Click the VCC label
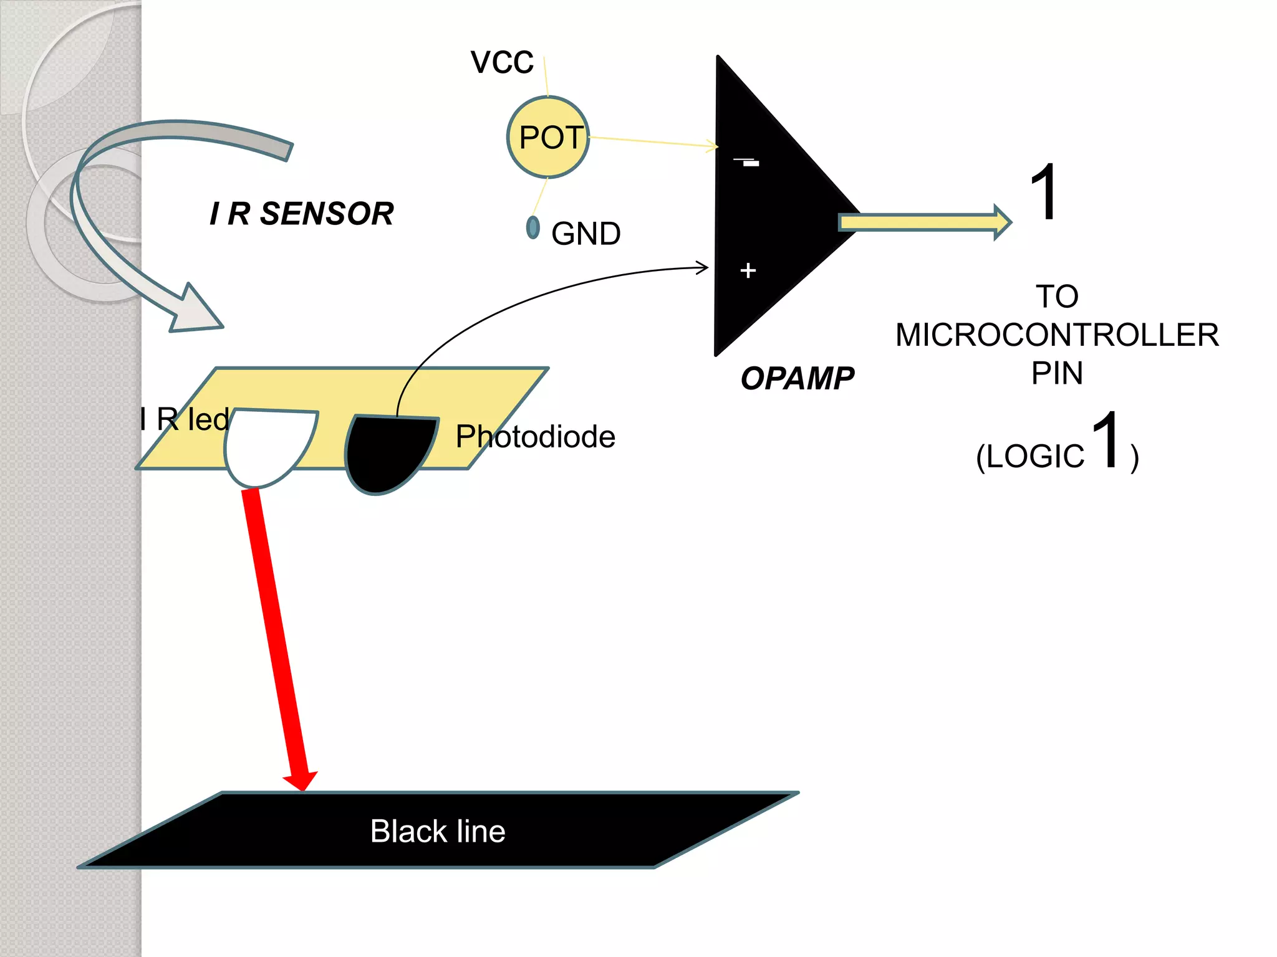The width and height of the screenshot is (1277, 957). pyautogui.click(x=502, y=62)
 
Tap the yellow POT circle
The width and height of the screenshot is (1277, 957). pyautogui.click(x=548, y=137)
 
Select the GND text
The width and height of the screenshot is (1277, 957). pyautogui.click(x=585, y=234)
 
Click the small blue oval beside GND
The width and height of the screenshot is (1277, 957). pyautogui.click(x=532, y=227)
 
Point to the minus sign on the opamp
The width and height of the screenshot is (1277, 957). pyautogui.click(x=746, y=162)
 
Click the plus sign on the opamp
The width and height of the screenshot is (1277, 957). pyautogui.click(x=748, y=270)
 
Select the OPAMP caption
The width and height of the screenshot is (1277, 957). pyautogui.click(x=797, y=378)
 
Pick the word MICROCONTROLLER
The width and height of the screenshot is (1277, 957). pyautogui.click(x=1057, y=335)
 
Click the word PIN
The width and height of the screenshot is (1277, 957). pyautogui.click(x=1057, y=373)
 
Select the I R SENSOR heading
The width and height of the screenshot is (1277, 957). pyautogui.click(x=302, y=214)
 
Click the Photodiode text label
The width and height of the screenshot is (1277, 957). pyautogui.click(x=535, y=436)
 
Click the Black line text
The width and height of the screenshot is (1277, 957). pyautogui.click(x=438, y=831)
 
